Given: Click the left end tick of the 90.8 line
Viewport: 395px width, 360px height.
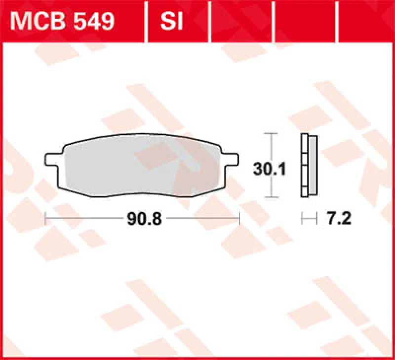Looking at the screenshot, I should pyautogui.click(x=45, y=218).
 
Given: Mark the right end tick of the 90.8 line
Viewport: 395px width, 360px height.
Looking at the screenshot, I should pyautogui.click(x=238, y=218).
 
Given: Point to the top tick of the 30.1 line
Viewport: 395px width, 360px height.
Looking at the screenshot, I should pyautogui.click(x=271, y=134).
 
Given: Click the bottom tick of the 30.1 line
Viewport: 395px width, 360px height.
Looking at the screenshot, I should pyautogui.click(x=271, y=197).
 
